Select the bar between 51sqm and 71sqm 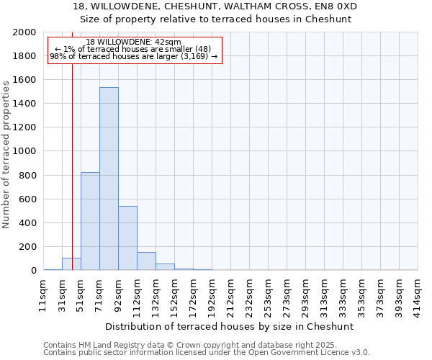tap(90, 221)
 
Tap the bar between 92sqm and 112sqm tap(127, 238)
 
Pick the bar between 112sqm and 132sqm tap(146, 261)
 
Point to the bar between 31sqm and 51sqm tap(71, 264)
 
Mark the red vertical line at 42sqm tap(72, 144)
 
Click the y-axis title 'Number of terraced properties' tap(6, 154)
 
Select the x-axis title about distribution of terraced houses tap(230, 326)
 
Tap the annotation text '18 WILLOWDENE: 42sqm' tap(133, 42)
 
